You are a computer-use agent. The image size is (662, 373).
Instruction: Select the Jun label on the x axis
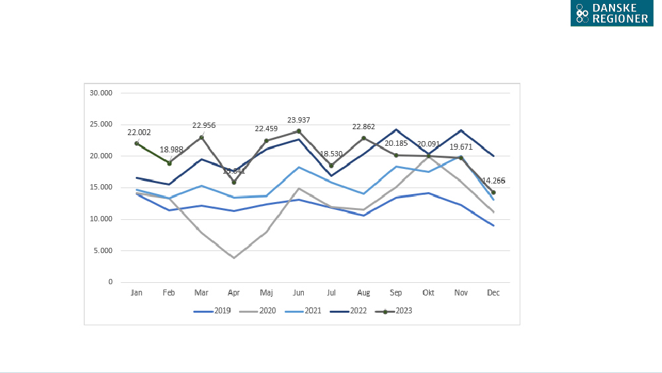pos(299,292)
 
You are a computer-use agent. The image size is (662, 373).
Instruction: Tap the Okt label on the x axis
pos(428,292)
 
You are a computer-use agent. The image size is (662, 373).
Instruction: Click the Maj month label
pos(266,292)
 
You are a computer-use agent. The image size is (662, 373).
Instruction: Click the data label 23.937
pos(299,120)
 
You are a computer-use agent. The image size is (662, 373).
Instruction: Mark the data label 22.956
pos(204,125)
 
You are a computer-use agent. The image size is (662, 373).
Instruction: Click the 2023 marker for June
pos(299,131)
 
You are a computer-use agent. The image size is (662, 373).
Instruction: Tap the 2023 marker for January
pos(136,143)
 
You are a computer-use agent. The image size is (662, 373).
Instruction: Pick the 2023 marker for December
pos(493,192)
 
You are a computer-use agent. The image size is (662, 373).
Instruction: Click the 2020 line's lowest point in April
pos(234,257)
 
